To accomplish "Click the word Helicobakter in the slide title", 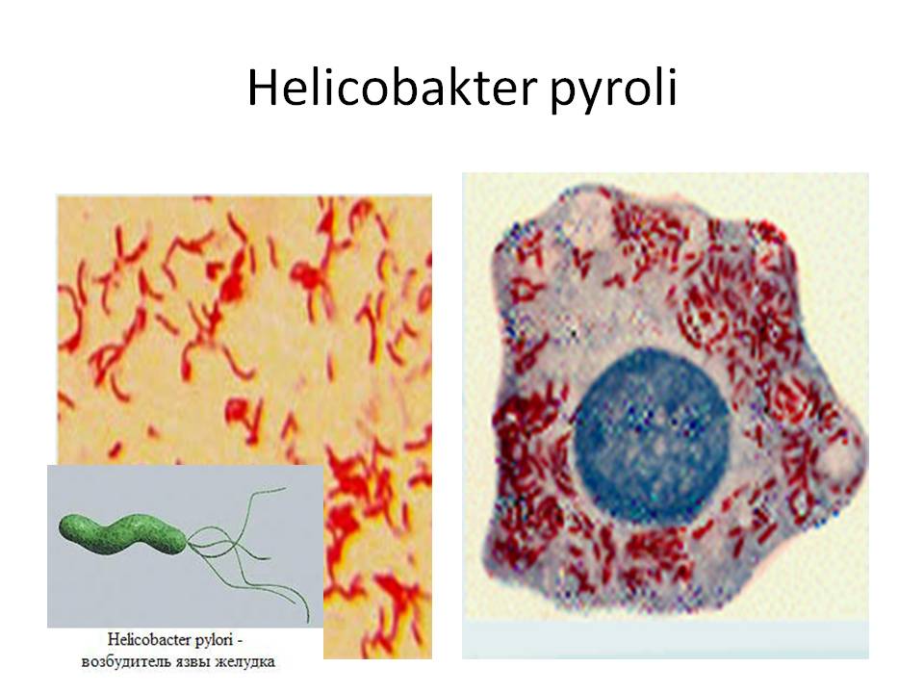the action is click(391, 88).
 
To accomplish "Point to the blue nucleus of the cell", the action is click(652, 435).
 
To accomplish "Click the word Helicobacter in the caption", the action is click(150, 639).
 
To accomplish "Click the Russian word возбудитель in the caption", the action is click(123, 662).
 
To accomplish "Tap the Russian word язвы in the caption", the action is click(188, 663).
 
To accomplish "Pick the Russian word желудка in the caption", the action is click(243, 663).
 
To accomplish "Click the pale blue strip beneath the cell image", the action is click(665, 639).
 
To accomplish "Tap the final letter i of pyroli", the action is click(671, 88).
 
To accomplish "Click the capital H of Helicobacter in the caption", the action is click(113, 639).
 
